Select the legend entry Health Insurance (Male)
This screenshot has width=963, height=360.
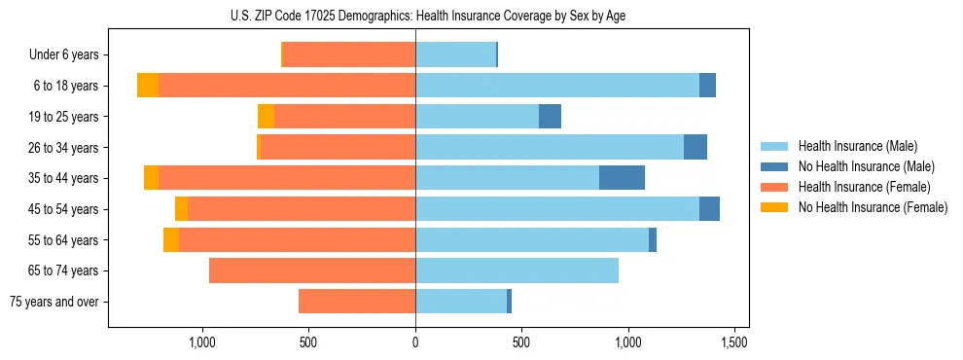click(857, 146)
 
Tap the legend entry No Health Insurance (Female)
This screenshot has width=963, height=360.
click(873, 207)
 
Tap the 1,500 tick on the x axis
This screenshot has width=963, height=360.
click(734, 342)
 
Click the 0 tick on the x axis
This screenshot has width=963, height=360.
click(415, 342)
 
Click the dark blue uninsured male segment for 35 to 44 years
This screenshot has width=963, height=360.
click(622, 178)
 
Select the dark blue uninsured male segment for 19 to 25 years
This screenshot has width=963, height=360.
click(550, 117)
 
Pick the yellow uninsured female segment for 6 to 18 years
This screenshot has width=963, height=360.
click(148, 86)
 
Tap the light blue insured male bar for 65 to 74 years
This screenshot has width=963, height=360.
click(517, 270)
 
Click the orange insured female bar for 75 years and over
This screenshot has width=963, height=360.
click(357, 302)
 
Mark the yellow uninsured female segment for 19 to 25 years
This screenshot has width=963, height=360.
click(266, 117)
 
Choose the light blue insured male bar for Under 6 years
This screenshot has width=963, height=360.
click(455, 55)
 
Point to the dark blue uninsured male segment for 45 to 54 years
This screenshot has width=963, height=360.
click(709, 209)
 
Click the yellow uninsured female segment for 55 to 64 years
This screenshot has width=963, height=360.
click(171, 239)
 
